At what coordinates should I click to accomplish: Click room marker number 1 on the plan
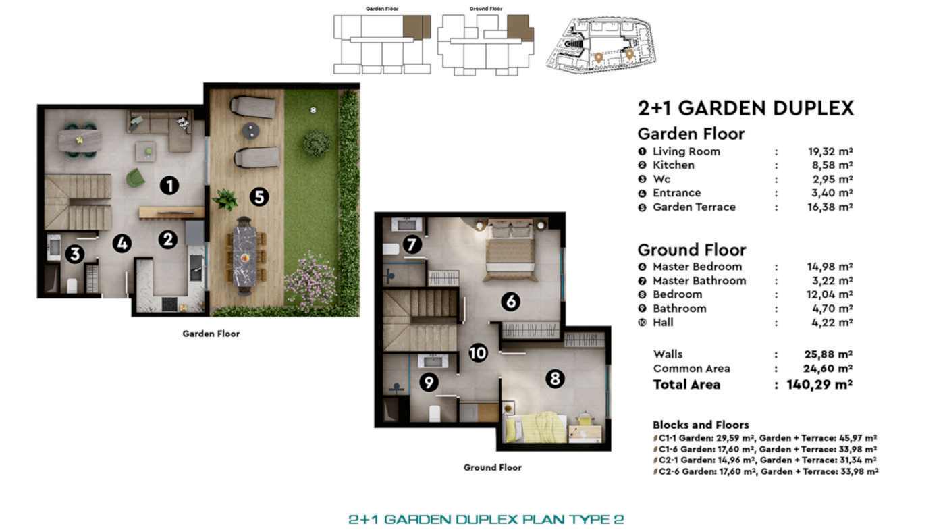coord(169,186)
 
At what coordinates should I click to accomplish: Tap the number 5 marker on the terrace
coord(259,196)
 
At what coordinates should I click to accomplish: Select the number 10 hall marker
coord(478,352)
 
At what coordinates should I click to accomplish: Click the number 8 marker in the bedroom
coord(555,379)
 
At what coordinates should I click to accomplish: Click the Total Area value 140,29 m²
coord(819,385)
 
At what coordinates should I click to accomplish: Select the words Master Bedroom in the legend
coord(697,267)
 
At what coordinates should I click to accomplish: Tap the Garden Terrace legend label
coord(694,207)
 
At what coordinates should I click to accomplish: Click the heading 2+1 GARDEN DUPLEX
coord(745,108)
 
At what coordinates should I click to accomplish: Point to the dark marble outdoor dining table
coord(244,256)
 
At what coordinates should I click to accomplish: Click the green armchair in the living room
coord(135,178)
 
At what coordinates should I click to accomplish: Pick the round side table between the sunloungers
coord(251,131)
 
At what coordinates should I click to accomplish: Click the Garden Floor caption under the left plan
coord(211,334)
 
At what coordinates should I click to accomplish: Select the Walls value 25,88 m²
coord(828,354)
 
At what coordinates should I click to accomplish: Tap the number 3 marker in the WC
coord(75,254)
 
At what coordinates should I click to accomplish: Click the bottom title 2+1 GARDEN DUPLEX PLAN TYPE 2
coord(486,519)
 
